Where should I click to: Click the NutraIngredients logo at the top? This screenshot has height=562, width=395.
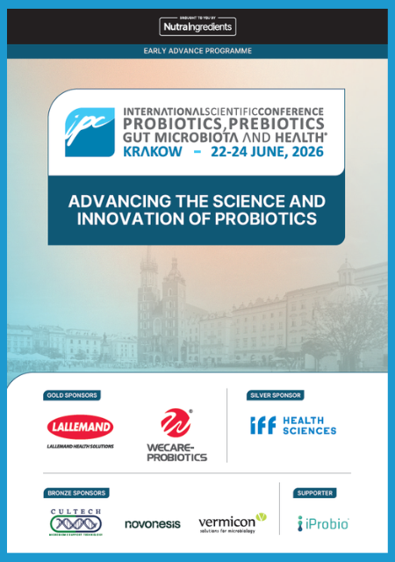coord(197,27)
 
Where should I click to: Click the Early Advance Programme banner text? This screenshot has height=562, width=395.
coord(197,51)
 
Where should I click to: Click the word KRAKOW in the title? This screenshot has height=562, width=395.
coord(154,152)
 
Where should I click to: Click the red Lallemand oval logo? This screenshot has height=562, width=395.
coord(80,428)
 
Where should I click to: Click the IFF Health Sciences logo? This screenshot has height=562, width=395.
coord(293,425)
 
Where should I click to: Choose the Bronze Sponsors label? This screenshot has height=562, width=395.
coord(75,493)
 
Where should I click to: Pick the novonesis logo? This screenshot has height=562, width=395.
coord(152,524)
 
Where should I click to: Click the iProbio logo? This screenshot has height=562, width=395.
coord(323,523)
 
